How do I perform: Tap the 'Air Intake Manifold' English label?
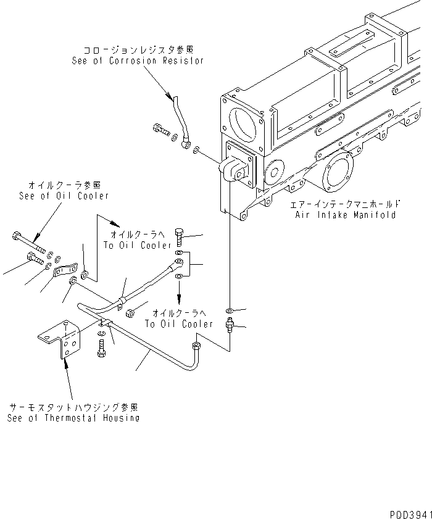pyautogui.click(x=345, y=215)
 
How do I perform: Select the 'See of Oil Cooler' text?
pyautogui.click(x=64, y=196)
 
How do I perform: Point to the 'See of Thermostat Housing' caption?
pyautogui.click(x=73, y=418)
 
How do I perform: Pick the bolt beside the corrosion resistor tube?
pyautogui.click(x=160, y=130)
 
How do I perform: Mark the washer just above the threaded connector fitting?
pyautogui.click(x=230, y=310)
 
